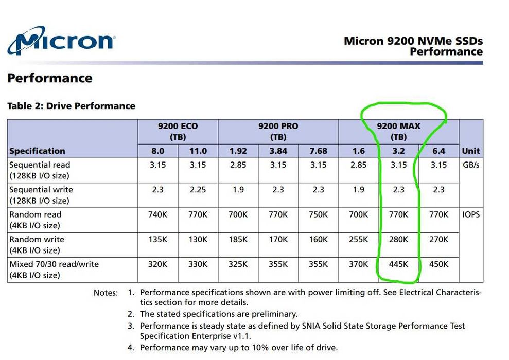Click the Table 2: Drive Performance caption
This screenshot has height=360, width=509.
click(x=71, y=106)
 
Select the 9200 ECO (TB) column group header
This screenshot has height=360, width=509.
click(x=178, y=132)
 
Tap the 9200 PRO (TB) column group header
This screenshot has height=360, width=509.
click(x=278, y=132)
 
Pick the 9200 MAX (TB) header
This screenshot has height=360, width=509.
click(x=398, y=132)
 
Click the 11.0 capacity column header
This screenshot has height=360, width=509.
click(x=198, y=151)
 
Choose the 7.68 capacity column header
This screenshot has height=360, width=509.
click(x=318, y=151)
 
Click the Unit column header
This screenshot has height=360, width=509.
click(x=470, y=151)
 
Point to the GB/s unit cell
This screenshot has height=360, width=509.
click(x=470, y=165)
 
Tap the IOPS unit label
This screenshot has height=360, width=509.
click(x=470, y=214)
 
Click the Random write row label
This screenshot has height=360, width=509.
click(x=35, y=244)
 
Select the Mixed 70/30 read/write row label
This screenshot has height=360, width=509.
click(x=54, y=269)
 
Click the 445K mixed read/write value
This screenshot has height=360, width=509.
click(x=398, y=264)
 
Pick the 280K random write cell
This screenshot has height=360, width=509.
click(x=398, y=240)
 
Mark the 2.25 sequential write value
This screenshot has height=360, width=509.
click(x=198, y=190)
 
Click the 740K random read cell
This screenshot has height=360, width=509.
click(x=157, y=214)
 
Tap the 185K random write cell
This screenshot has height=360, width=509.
click(x=238, y=240)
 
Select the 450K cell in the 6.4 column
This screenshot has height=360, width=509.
click(x=438, y=264)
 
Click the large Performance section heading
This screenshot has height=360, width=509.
click(x=50, y=78)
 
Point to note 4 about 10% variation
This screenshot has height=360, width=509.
click(x=238, y=348)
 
